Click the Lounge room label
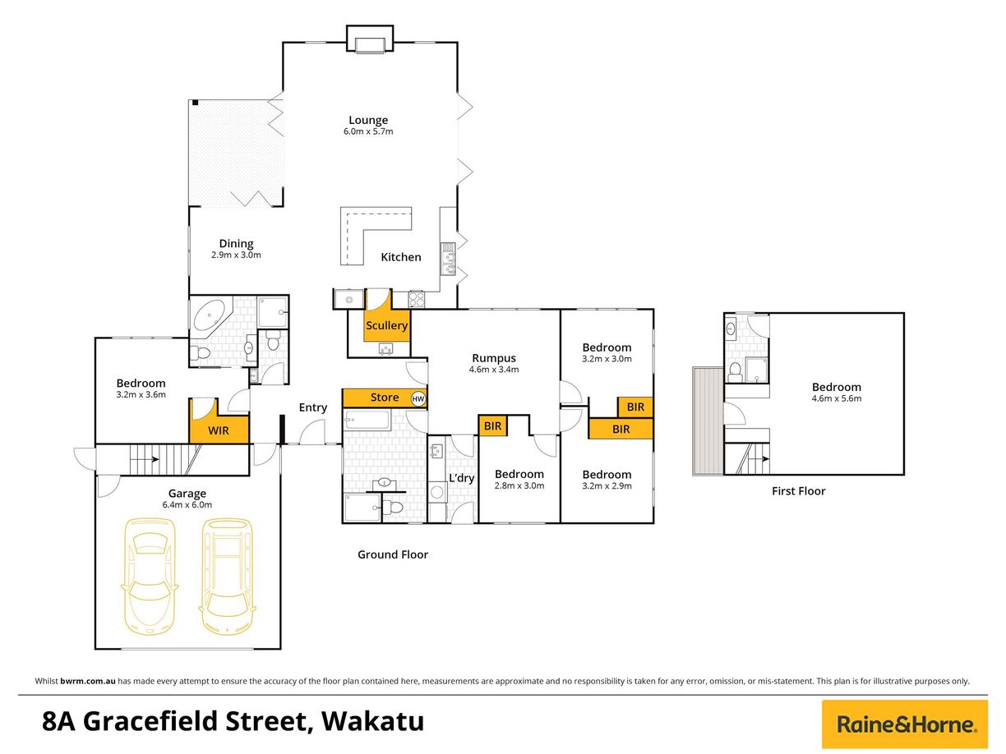click(x=367, y=120)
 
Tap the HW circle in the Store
click(x=418, y=399)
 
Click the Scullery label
click(x=386, y=325)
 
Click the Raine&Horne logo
click(x=906, y=724)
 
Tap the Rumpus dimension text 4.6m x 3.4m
click(x=493, y=370)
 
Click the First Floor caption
click(x=798, y=491)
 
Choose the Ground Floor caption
click(x=393, y=554)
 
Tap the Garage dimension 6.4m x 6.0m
click(x=187, y=505)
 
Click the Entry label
click(x=313, y=407)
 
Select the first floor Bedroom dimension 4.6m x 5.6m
click(x=837, y=398)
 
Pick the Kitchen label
click(x=401, y=257)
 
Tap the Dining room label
click(x=236, y=243)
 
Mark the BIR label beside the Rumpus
click(x=492, y=425)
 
